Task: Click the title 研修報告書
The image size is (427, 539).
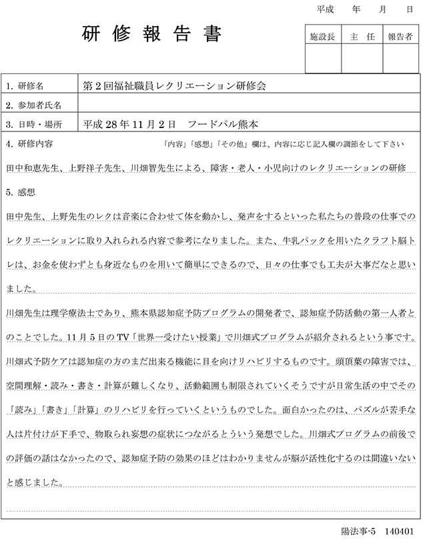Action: pos(152,34)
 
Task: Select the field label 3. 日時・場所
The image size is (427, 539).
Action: pos(33,124)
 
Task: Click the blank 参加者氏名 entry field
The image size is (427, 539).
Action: pos(247,105)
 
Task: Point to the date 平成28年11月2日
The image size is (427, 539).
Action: pos(129,124)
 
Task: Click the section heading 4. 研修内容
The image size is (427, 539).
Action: pos(29,143)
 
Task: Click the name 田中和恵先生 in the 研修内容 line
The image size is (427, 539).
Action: pos(33,167)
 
